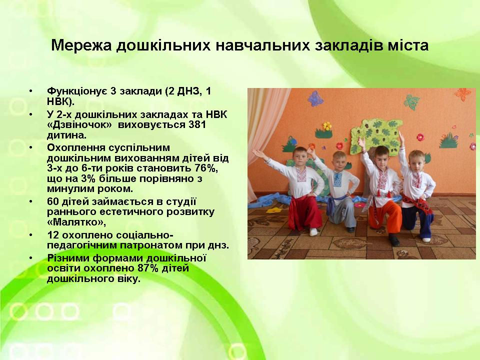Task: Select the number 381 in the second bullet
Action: (x=197, y=125)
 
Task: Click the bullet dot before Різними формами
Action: (x=31, y=257)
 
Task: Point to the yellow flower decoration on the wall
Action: (x=327, y=125)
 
